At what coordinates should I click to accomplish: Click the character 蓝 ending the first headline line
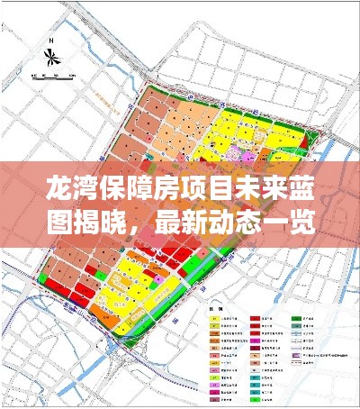click(304, 191)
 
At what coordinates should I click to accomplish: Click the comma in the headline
click(144, 227)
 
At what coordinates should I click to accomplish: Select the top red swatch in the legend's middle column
click(255, 319)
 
